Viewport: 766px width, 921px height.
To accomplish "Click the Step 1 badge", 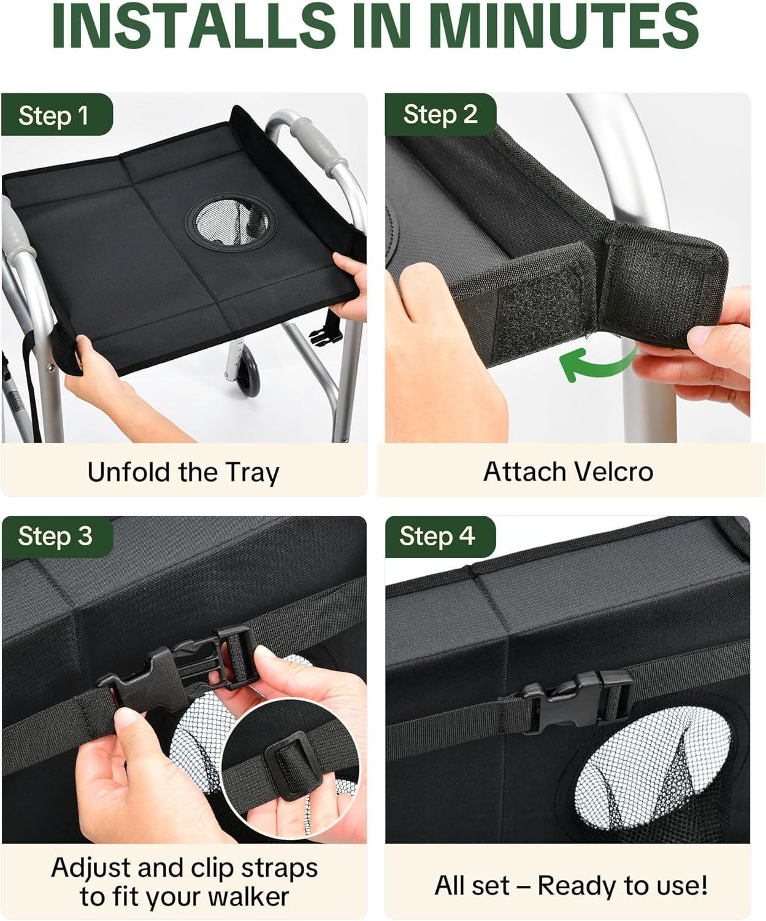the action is click(x=57, y=115).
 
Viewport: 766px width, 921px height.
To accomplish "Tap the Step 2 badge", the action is click(x=441, y=115).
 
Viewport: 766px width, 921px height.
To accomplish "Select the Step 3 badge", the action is click(x=57, y=537).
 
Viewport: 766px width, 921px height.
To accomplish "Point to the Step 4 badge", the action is click(x=440, y=537).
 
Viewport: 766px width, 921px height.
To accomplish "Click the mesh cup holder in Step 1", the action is click(x=232, y=223).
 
